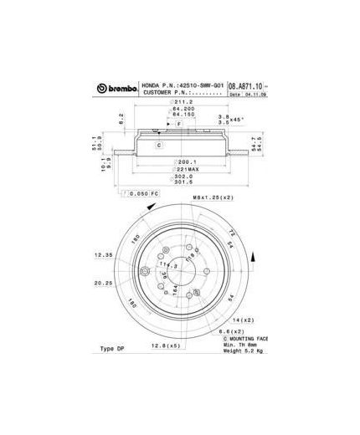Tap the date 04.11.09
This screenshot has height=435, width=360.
pyautogui.click(x=255, y=95)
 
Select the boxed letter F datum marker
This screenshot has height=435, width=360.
pyautogui.click(x=177, y=124)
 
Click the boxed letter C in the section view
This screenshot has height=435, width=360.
pyautogui.click(x=158, y=145)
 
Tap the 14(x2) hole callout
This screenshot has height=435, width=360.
pyautogui.click(x=243, y=320)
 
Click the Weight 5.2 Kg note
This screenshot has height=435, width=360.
pyautogui.click(x=244, y=351)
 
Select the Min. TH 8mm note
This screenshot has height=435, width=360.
pyautogui.click(x=241, y=344)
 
